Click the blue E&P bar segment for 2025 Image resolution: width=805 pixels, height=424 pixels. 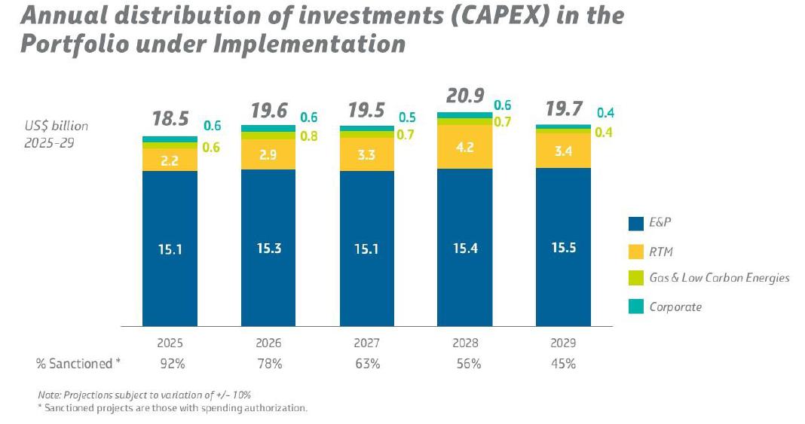point(170,249)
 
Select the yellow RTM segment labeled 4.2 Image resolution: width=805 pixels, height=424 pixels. point(464,148)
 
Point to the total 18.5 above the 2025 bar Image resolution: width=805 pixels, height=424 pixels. point(170,120)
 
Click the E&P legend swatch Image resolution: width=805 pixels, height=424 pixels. point(634,223)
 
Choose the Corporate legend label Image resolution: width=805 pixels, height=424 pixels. point(675,307)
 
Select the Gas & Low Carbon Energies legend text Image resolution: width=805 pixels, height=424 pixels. point(719,278)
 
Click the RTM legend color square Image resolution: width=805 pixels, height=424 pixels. point(634,251)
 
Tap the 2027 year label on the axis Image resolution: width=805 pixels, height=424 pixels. point(366,343)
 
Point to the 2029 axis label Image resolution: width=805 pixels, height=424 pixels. point(563,343)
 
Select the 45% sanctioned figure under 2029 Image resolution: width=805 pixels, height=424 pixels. point(563,364)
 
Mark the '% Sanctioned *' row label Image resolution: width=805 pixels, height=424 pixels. point(78,364)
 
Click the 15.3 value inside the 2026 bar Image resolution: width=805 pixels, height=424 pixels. point(268,249)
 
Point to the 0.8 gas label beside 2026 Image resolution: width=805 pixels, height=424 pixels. point(309,136)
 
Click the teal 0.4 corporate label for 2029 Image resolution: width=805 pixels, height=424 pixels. point(605,113)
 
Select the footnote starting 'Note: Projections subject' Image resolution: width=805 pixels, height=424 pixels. point(144,395)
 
